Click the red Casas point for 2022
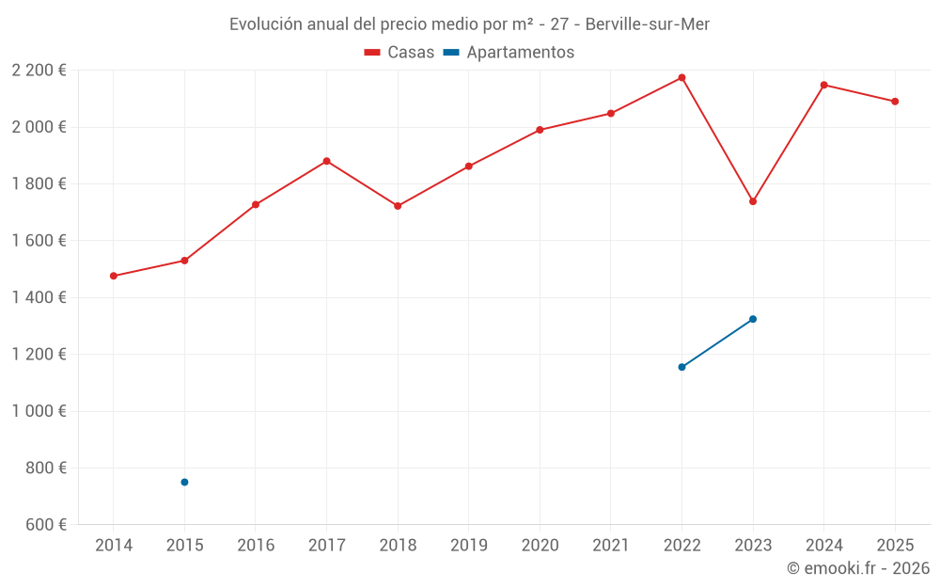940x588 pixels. click(x=681, y=77)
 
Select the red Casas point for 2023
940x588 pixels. click(x=753, y=201)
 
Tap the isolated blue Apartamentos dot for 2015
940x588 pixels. click(x=184, y=482)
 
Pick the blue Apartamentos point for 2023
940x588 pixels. click(x=753, y=319)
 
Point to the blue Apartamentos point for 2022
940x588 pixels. click(x=681, y=367)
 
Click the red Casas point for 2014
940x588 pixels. click(x=114, y=276)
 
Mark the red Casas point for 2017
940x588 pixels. click(x=326, y=161)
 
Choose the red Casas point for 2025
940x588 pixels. click(x=895, y=102)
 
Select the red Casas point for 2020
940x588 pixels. click(x=540, y=130)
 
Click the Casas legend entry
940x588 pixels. click(x=399, y=53)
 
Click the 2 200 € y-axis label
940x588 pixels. click(x=39, y=71)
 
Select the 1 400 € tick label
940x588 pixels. click(x=39, y=297)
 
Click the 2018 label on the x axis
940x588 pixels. click(x=398, y=546)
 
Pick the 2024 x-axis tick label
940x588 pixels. click(x=823, y=546)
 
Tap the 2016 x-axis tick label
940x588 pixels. click(x=256, y=546)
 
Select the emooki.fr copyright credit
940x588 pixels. click(x=858, y=568)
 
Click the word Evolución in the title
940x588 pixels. click(x=266, y=24)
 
